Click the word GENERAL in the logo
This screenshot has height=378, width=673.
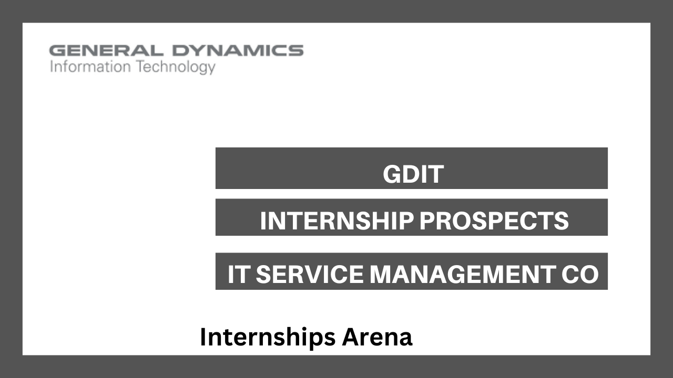coord(106,50)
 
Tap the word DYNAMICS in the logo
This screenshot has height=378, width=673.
coord(238,50)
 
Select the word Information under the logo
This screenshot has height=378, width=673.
coord(90,66)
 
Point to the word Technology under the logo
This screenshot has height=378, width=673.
coord(176,67)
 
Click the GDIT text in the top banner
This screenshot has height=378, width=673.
coord(413,174)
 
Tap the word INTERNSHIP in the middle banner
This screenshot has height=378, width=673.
coord(337,221)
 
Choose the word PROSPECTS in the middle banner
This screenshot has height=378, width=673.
coord(494,221)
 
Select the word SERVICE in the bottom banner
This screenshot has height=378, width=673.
coord(310,274)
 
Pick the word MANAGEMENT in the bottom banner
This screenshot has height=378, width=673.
coord(463,274)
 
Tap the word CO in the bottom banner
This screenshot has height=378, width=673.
coord(580,274)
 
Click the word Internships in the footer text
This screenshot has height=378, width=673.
coord(268,337)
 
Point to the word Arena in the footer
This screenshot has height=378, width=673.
coord(377,337)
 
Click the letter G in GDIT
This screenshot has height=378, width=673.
coord(392,174)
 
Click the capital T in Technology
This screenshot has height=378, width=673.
coord(141,66)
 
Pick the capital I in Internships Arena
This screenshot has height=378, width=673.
coord(202,337)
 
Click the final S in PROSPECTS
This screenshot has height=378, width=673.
coord(561,221)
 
